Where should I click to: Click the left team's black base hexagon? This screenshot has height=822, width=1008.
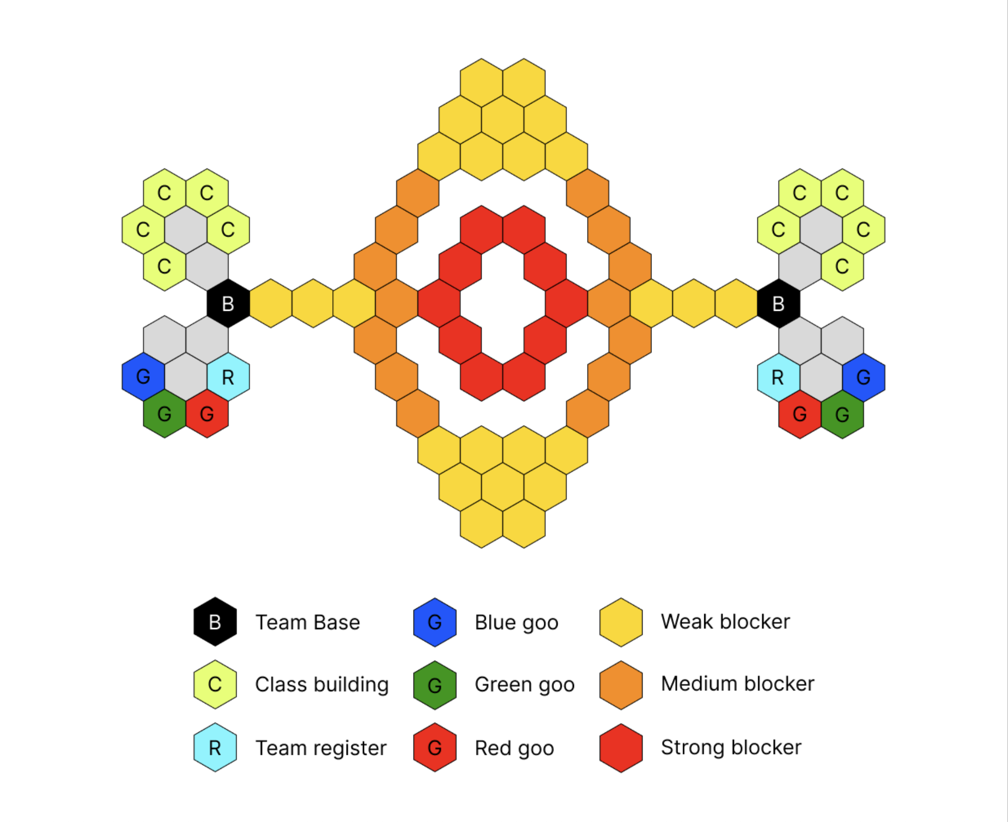point(228,304)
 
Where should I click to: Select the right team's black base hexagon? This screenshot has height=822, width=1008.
point(779,304)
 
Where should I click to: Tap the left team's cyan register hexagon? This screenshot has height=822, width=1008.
point(228,377)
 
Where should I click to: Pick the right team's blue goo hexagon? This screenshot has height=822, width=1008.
point(863,377)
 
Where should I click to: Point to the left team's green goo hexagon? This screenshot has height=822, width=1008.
point(164,414)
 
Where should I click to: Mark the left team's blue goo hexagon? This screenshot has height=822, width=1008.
point(143,377)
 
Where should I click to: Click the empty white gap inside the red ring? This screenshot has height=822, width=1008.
point(503,304)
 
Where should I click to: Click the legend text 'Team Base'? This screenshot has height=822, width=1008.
point(308,622)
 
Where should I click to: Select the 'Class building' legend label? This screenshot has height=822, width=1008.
point(322,685)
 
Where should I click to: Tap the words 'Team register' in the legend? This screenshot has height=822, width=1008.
point(321,748)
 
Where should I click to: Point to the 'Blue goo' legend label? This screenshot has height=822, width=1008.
point(517,623)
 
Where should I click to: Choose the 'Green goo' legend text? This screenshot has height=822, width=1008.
point(525,685)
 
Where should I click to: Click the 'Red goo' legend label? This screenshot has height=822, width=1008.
point(514,749)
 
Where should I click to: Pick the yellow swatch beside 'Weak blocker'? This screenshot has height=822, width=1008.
point(621,622)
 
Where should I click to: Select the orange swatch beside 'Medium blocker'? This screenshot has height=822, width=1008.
point(621,685)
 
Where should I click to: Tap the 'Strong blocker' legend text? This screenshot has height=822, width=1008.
point(731,747)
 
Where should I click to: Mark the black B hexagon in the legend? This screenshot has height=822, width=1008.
point(215,622)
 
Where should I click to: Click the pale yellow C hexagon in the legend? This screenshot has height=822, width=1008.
point(215,684)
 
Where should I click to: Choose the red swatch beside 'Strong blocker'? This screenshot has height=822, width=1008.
point(621,748)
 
